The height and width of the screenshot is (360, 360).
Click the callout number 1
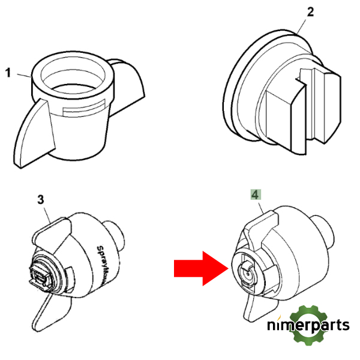point(8,73)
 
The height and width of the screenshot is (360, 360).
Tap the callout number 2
point(310,12)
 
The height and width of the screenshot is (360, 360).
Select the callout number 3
point(41,200)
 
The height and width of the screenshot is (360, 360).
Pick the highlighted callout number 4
point(256,194)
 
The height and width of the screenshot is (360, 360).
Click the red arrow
point(201,268)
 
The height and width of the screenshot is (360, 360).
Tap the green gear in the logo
point(308,325)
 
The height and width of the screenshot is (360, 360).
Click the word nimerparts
point(308,325)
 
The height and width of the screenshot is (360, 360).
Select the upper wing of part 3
point(52,232)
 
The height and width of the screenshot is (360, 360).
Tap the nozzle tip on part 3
point(40,276)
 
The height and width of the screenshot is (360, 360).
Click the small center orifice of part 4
point(248,274)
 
